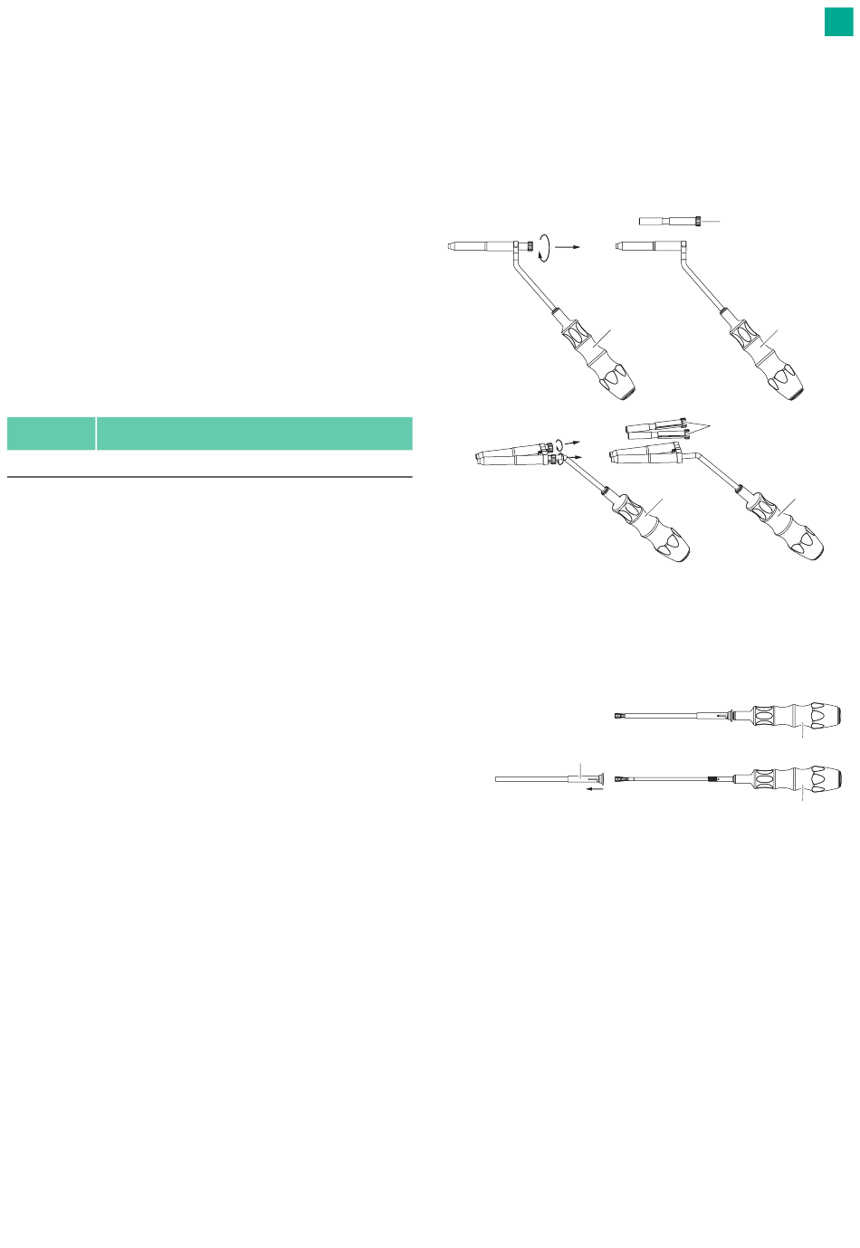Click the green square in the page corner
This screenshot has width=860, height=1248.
pyautogui.click(x=838, y=22)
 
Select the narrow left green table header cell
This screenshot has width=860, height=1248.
pyautogui.click(x=51, y=433)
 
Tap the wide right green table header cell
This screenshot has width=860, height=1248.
pyautogui.click(x=254, y=433)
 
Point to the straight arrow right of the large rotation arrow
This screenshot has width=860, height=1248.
pyautogui.click(x=567, y=245)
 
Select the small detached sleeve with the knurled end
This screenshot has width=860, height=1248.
pyautogui.click(x=671, y=220)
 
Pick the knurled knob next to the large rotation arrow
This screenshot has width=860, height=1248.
pyautogui.click(x=524, y=245)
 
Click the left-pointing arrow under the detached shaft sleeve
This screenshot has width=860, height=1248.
pyautogui.click(x=593, y=789)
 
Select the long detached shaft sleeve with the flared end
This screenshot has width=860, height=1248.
pyautogui.click(x=543, y=777)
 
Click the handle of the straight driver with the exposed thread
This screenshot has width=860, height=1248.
pyautogui.click(x=797, y=778)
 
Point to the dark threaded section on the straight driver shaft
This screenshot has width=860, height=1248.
pyautogui.click(x=716, y=778)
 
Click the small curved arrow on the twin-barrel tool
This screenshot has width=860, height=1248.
pyautogui.click(x=559, y=443)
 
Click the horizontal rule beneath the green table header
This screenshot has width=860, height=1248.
pyautogui.click(x=209, y=477)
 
